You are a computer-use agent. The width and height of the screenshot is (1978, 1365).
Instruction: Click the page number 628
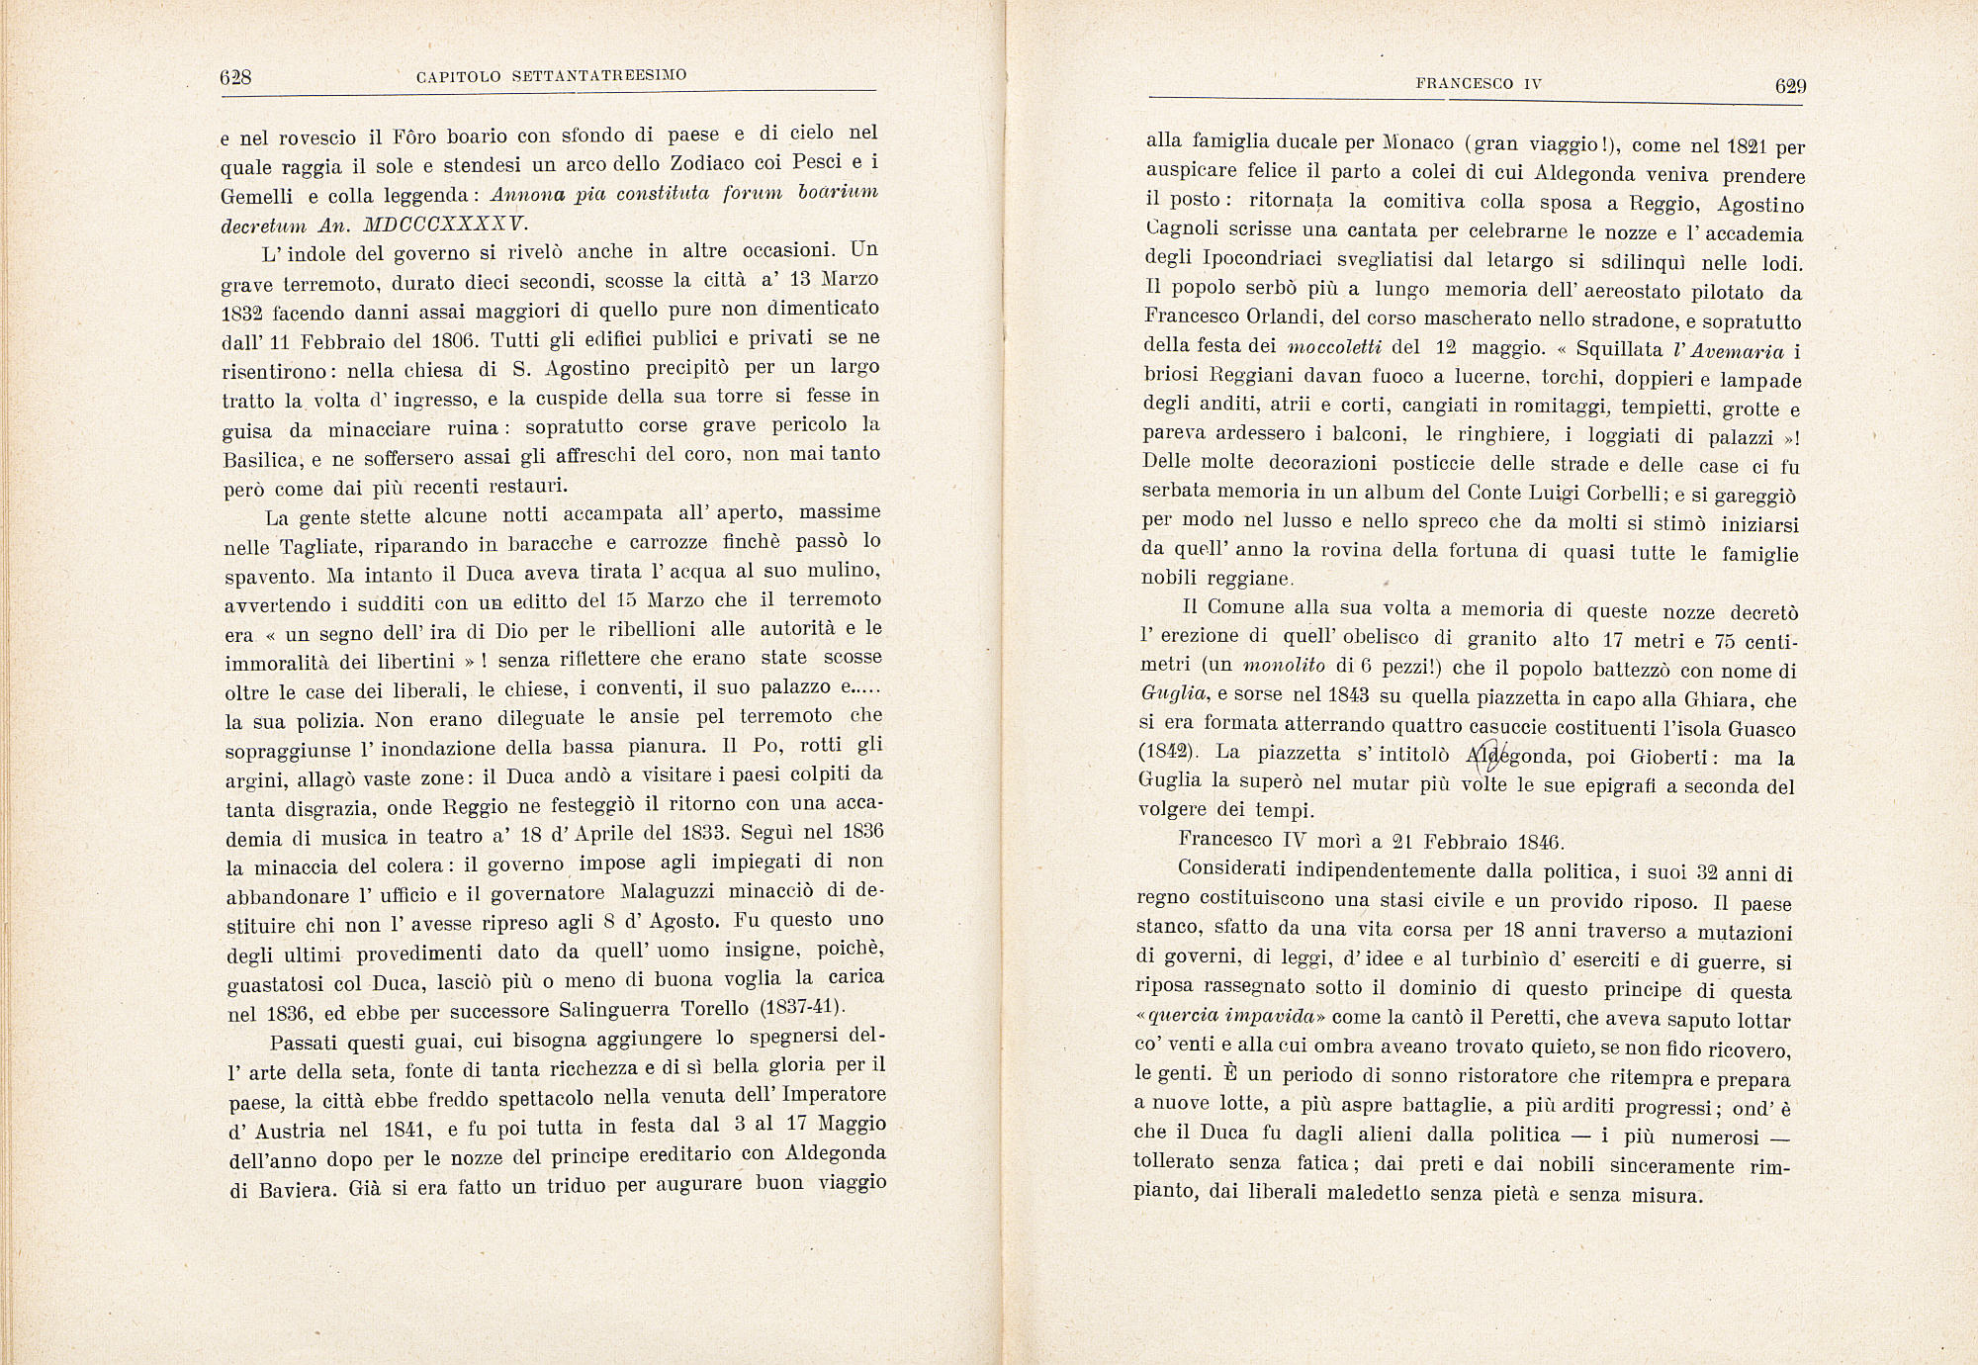coord(236,78)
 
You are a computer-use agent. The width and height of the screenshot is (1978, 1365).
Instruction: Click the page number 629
coord(1789,86)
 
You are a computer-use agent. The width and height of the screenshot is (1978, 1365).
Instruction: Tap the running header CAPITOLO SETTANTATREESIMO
coord(552,75)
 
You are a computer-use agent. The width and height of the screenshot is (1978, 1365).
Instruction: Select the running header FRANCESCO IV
coord(1479,84)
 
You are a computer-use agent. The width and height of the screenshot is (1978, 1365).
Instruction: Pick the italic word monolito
coord(1285,668)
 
